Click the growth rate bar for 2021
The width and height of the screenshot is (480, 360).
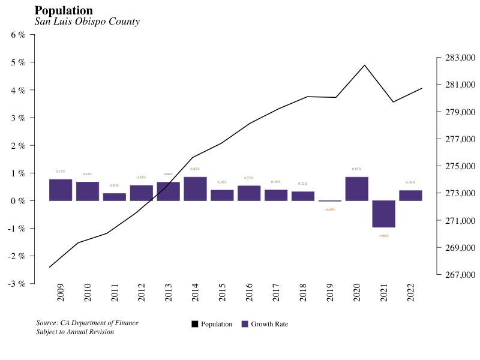coord(383,214)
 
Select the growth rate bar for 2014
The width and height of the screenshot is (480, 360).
coord(195,188)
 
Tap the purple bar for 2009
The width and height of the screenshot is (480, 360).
coord(61,190)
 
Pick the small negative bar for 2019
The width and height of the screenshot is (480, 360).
coord(329,201)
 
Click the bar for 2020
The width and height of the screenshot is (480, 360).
coord(356,188)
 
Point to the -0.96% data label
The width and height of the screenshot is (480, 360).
coord(383,236)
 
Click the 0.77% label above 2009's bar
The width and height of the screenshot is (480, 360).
coord(61,172)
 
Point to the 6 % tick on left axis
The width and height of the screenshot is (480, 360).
coord(19,35)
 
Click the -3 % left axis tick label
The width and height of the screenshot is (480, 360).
coord(17,283)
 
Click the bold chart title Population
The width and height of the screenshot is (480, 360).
coord(64,11)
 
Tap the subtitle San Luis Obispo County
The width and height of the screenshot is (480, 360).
coord(87,22)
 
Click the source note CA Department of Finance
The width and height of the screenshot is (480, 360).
coord(87,323)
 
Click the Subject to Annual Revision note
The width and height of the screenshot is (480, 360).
coord(75,332)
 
